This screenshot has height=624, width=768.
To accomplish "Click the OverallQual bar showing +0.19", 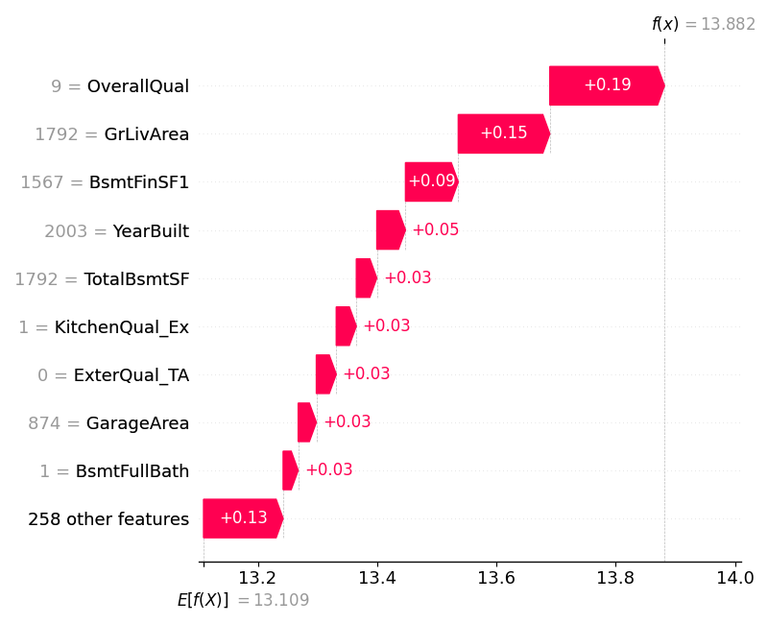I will (x=606, y=85).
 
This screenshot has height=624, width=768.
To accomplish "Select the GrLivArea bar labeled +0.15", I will (x=503, y=133).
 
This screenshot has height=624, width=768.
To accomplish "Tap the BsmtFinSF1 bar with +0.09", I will (x=431, y=181).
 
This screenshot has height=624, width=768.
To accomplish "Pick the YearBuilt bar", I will (x=390, y=230).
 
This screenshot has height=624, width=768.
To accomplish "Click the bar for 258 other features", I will (x=242, y=518).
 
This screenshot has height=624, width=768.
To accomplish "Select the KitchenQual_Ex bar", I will (x=346, y=326).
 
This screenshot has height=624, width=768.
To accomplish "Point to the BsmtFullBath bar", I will (x=290, y=470).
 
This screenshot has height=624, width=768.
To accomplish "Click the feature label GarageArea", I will (x=137, y=423).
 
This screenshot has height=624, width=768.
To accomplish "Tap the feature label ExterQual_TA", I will (x=132, y=375).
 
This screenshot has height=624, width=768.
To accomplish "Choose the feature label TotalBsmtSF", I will (x=136, y=279).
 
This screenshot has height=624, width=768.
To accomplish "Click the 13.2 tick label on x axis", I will (x=257, y=579).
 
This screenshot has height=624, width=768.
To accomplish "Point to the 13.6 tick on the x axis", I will (x=495, y=579).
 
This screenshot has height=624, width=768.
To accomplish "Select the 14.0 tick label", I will (x=734, y=579).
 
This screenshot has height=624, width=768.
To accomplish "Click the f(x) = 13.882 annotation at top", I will (x=703, y=24).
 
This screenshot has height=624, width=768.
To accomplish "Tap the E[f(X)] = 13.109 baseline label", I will (x=243, y=600).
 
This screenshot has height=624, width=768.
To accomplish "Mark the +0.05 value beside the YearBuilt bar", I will (x=435, y=230).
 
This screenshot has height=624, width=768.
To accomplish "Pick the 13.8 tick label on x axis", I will (x=614, y=579).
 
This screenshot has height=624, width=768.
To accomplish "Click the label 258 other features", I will (x=108, y=519).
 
